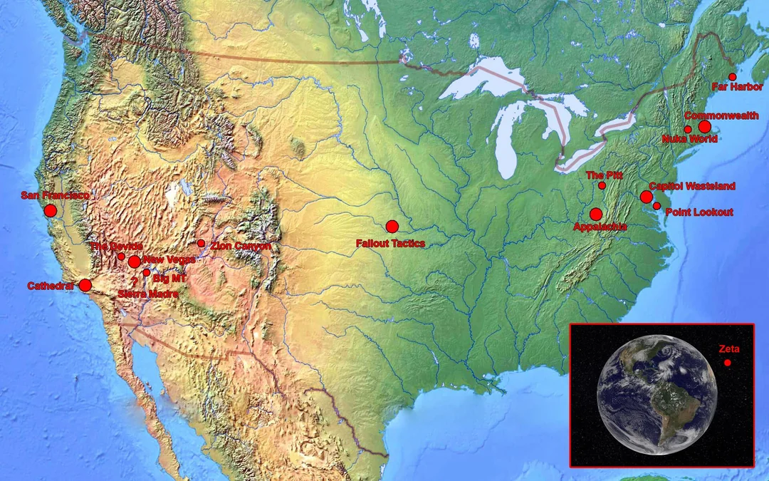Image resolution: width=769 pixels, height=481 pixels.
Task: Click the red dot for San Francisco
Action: click(x=50, y=210)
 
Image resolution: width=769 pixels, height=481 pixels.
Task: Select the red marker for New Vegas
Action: click(x=134, y=262)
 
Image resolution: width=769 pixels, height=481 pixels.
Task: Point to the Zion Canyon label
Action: click(x=241, y=246)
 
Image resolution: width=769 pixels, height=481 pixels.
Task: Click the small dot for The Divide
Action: click(x=121, y=257)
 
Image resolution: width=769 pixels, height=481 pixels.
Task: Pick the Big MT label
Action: click(x=169, y=278)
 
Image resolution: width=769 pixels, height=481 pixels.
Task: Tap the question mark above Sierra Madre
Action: click(x=134, y=281)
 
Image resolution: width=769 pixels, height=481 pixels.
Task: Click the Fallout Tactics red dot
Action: click(x=392, y=227)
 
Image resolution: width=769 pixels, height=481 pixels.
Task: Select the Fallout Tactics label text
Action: click(x=390, y=244)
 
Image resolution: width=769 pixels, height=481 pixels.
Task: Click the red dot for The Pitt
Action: click(x=602, y=185)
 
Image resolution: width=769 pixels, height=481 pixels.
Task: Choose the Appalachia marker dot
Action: click(x=596, y=214)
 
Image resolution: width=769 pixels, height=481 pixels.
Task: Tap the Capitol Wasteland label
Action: click(x=691, y=186)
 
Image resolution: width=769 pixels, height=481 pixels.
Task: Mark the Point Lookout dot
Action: click(x=656, y=205)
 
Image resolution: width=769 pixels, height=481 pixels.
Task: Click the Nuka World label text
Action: click(x=689, y=139)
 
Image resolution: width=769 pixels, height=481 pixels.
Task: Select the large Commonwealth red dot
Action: click(x=704, y=126)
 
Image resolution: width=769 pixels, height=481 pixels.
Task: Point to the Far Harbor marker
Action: click(x=732, y=76)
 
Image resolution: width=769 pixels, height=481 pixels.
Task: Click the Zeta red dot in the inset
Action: click(x=728, y=363)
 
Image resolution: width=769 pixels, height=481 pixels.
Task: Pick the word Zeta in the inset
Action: click(x=729, y=349)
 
